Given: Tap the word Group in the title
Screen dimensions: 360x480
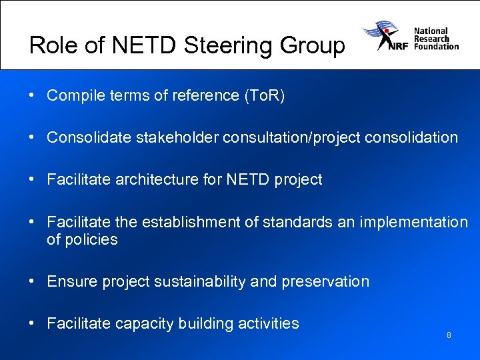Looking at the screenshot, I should (311, 45).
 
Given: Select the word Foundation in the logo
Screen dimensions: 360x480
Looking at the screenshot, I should (436, 47).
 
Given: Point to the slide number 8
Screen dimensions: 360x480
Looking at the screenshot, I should (449, 335).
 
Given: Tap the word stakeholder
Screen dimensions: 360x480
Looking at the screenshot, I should (178, 138).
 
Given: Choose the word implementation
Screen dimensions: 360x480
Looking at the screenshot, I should (414, 222).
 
